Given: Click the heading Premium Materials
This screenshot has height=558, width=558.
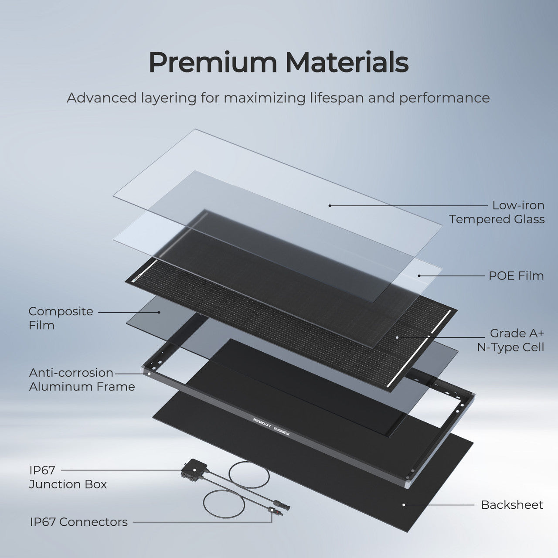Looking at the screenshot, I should point(279,62).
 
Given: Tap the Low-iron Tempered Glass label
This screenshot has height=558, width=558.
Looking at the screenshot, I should point(497,212).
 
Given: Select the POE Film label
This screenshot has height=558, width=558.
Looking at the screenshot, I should point(516,276).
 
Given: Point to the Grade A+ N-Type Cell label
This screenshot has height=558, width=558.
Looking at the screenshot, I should point(510,340).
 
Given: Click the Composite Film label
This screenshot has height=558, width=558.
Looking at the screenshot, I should point(61,318).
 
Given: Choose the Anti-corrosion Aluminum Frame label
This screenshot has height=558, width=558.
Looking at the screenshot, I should point(82,379).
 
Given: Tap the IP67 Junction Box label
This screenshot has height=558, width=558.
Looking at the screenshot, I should point(68,477).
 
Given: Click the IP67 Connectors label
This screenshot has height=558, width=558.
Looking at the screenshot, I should point(79,522).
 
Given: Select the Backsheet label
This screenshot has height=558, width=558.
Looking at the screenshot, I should point(512,505).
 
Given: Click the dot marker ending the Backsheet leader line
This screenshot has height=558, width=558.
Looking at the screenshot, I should point(404,505).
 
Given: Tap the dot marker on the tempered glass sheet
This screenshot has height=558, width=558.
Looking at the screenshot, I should point(330,205).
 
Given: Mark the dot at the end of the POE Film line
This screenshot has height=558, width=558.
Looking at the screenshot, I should point(419,276).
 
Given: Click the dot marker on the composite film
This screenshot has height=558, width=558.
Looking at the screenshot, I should point(160,312).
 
